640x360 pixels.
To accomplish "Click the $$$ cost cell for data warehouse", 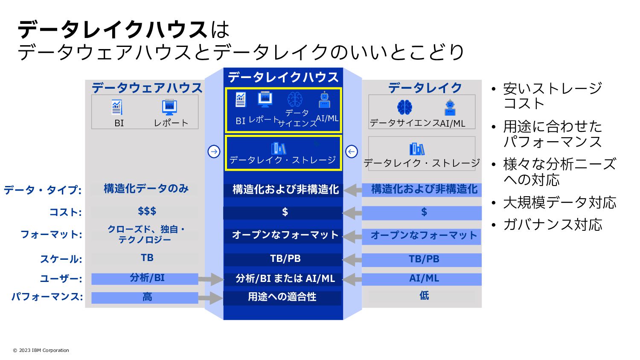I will click(x=147, y=211).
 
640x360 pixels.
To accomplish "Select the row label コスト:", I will click(x=65, y=212).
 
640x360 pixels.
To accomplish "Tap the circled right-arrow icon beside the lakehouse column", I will click(x=214, y=151).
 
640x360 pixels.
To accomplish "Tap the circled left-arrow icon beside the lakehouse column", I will click(x=351, y=151).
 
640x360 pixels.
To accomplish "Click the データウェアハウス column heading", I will click(x=147, y=87).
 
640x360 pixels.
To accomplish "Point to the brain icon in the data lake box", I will click(x=404, y=107).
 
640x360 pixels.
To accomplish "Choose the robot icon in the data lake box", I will click(x=450, y=107).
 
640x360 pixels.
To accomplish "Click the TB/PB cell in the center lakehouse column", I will click(x=285, y=259).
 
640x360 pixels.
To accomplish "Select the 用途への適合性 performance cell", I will click(x=282, y=297).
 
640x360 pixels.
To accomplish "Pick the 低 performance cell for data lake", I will click(x=424, y=296).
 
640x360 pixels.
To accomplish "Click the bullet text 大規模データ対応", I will click(x=559, y=203).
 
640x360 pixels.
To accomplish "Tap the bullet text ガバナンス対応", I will click(x=553, y=224).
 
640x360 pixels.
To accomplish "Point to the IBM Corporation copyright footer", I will click(x=41, y=350).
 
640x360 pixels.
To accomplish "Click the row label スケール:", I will click(x=61, y=259).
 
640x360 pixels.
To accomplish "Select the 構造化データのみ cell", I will click(x=146, y=189).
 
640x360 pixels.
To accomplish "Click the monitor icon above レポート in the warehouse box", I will click(x=169, y=107).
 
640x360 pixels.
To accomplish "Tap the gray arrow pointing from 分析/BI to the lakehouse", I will click(x=211, y=279).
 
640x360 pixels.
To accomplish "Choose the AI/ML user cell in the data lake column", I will click(x=424, y=279).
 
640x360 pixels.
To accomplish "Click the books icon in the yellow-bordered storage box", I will click(x=278, y=148).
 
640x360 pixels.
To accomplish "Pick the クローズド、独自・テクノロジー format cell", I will click(x=146, y=235).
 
